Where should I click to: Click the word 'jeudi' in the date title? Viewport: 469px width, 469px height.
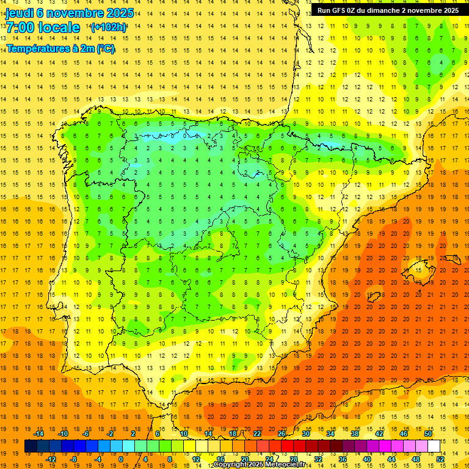pos(19,12)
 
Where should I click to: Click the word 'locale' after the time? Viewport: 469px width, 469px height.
pos(59,27)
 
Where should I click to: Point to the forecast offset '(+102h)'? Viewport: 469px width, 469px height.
pos(108,27)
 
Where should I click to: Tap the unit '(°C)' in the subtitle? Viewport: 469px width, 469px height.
pos(104,48)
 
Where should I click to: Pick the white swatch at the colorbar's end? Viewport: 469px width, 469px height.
pos(434,446)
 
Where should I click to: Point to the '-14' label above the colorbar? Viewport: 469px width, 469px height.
pos(40,434)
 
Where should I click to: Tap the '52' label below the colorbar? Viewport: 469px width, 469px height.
pos(441,459)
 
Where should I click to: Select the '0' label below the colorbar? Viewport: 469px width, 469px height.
pos(121,459)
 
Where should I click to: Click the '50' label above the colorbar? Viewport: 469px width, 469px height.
pos(428,434)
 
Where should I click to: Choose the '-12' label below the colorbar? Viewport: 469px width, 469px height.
pos(52,459)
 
